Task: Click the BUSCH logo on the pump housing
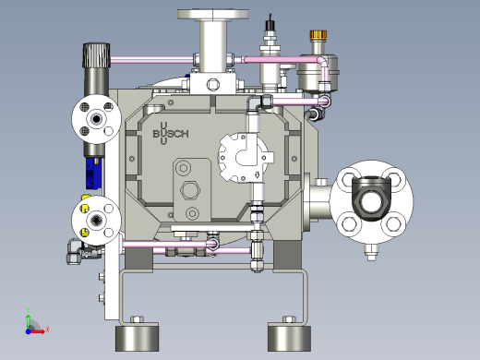(x=171, y=134)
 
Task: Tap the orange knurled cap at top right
(x=318, y=35)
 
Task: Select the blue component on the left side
(x=93, y=173)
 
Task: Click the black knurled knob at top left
(x=96, y=55)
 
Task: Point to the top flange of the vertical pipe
(x=213, y=14)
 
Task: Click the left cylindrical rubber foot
(x=138, y=337)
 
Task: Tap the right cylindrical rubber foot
(x=289, y=337)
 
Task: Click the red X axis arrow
(x=38, y=331)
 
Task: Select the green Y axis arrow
(x=28, y=322)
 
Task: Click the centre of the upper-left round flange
(x=97, y=119)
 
